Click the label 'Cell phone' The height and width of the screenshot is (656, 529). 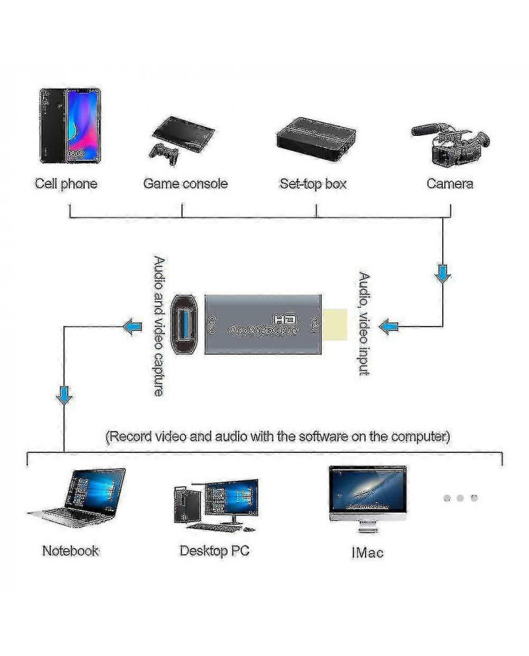tap(66, 183)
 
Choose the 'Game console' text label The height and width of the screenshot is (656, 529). tap(185, 183)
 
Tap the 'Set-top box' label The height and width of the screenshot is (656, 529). tap(313, 183)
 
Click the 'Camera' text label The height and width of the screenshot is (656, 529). tap(450, 183)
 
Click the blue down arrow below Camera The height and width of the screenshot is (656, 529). tap(443, 273)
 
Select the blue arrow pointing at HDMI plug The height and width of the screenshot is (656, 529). tap(388, 326)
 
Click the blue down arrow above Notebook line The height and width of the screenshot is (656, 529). tap(65, 394)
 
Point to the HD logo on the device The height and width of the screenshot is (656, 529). tap(285, 319)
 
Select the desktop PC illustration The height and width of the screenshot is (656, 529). tap(215, 502)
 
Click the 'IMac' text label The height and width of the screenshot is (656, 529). tap(367, 553)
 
